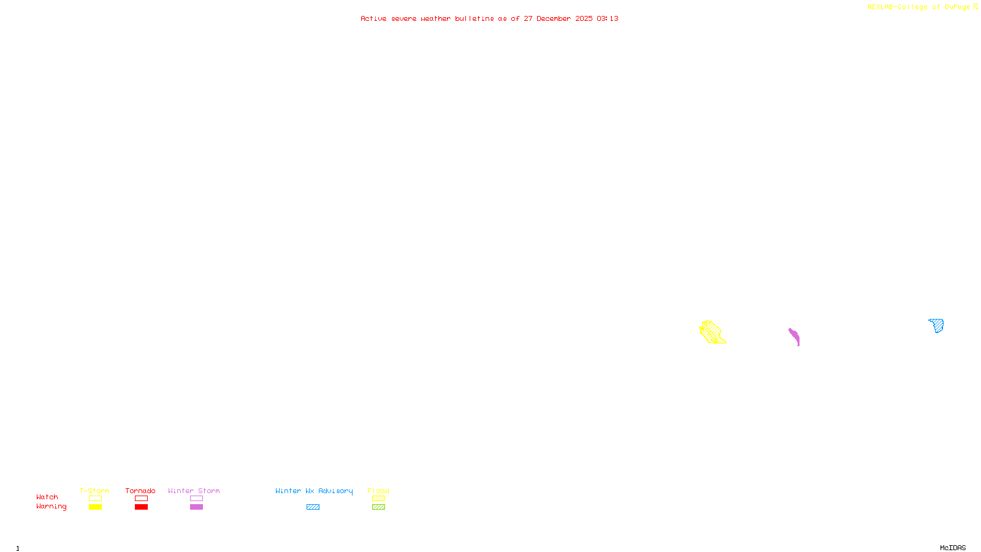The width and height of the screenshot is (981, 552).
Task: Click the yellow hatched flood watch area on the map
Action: [x=712, y=332]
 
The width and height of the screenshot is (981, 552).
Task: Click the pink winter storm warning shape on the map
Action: [x=794, y=336]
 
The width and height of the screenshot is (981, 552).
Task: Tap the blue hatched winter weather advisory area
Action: [x=937, y=325]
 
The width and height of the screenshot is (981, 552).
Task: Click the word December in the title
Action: [x=554, y=18]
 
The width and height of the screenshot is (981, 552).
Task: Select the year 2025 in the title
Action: [x=584, y=18]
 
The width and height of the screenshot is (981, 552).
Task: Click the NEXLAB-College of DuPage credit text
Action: [x=919, y=7]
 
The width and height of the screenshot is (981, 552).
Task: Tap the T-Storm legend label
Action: [x=94, y=491]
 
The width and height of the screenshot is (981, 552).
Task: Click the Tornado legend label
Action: [x=140, y=491]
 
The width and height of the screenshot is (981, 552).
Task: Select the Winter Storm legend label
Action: [x=194, y=491]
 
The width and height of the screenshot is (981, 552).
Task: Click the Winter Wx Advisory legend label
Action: [x=314, y=491]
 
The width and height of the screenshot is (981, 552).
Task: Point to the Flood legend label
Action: [x=378, y=491]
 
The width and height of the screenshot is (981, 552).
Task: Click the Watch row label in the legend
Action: [x=47, y=497]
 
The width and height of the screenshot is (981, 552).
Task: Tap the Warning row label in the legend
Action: [x=52, y=507]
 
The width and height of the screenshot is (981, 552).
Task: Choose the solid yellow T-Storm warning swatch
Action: [x=95, y=507]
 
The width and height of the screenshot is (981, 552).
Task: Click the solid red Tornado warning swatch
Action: [x=141, y=507]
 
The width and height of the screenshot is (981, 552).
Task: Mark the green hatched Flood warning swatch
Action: [x=378, y=507]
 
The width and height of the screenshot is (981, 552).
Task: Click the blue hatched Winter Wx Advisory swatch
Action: [x=313, y=507]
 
